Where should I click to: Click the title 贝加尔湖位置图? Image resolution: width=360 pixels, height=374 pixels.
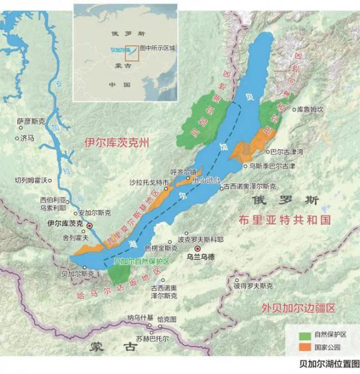[x=329, y=363]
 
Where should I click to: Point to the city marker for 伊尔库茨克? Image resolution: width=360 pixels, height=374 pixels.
[x=90, y=226]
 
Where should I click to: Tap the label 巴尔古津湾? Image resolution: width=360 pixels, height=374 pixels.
[x=285, y=151]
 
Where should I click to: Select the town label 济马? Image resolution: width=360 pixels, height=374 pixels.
[x=27, y=138]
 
